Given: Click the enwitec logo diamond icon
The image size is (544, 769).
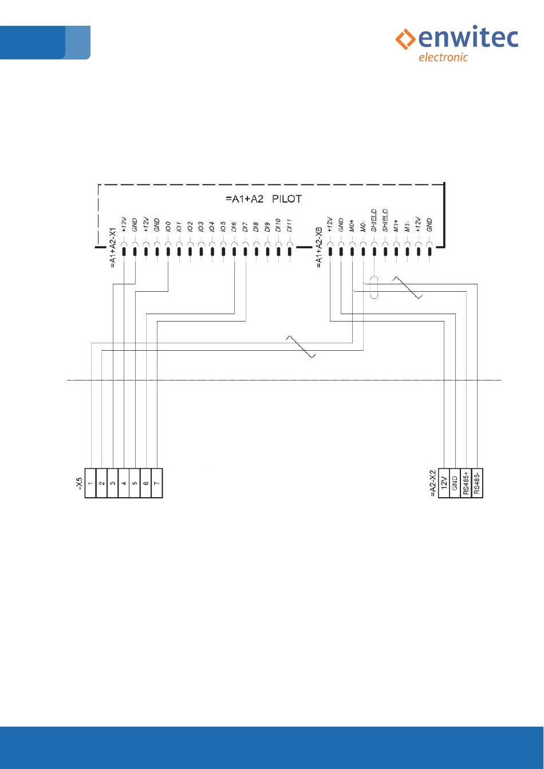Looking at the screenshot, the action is click(x=406, y=39).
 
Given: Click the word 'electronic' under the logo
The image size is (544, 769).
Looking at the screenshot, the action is click(x=443, y=57).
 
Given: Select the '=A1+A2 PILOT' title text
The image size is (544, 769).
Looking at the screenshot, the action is click(x=263, y=200).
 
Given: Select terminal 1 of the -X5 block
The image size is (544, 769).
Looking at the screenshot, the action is click(x=90, y=483).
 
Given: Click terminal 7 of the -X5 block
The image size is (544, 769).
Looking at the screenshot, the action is click(x=157, y=483).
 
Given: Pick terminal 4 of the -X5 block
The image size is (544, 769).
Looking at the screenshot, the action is click(x=124, y=483).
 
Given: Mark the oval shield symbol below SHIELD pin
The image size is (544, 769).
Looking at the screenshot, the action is click(x=375, y=288).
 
